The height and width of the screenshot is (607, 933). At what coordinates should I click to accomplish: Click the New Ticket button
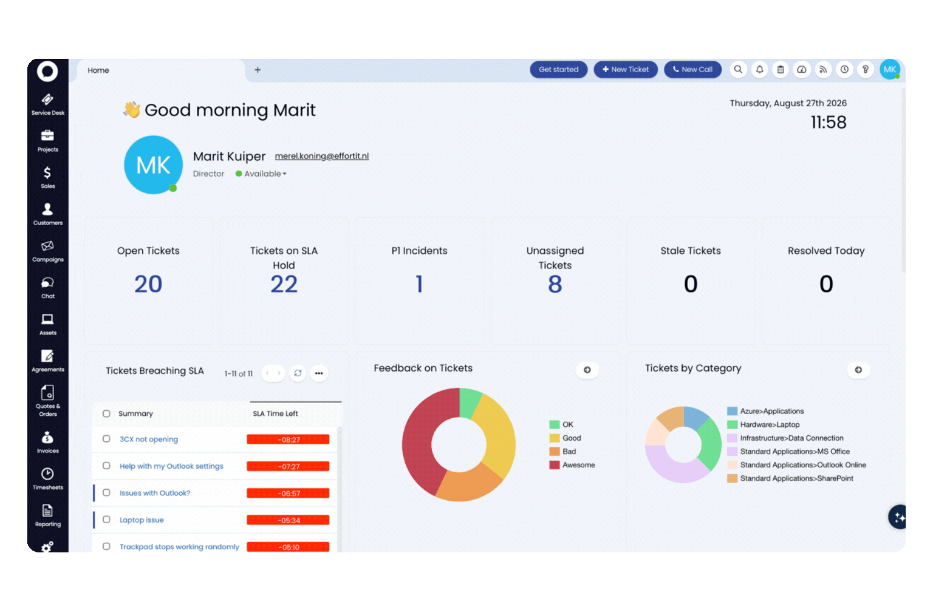point(625,70)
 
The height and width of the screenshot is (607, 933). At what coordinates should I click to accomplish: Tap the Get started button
point(558,70)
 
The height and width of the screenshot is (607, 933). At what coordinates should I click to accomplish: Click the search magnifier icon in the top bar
point(738,70)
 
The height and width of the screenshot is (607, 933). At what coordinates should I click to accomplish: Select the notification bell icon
point(759,70)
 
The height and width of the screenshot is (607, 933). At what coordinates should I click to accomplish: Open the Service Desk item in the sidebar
point(47,104)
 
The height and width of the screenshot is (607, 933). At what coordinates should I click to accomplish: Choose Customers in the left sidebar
point(47,214)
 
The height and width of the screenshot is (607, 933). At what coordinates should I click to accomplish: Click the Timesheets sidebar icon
point(47,479)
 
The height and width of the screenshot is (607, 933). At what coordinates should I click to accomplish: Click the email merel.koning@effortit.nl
point(321,156)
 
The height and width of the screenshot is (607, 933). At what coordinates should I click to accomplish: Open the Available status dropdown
point(261,174)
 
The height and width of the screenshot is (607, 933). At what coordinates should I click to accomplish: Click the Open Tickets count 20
point(148,284)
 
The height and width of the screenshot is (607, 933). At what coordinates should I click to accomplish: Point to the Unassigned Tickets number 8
point(555,284)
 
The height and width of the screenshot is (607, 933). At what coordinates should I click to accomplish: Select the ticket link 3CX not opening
point(149,439)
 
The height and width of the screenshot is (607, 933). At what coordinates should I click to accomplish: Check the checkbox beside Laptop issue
point(107,520)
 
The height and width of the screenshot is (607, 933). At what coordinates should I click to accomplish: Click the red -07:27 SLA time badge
point(288,466)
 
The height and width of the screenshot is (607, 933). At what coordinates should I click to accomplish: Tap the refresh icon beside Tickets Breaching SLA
point(298,373)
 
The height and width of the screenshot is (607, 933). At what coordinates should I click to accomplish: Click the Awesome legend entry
point(572,465)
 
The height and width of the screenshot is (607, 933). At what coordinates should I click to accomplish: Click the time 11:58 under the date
point(829,123)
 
